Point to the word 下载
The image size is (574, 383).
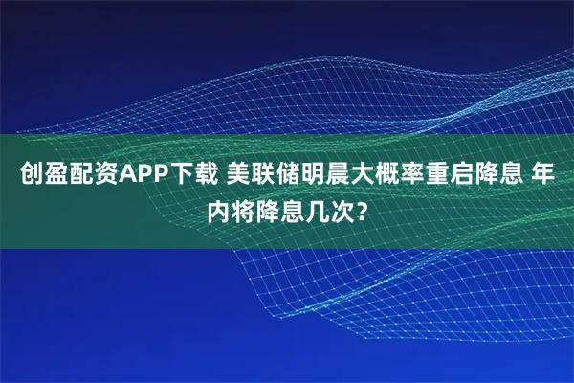coord(191,176)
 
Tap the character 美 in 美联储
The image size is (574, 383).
coord(239,176)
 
